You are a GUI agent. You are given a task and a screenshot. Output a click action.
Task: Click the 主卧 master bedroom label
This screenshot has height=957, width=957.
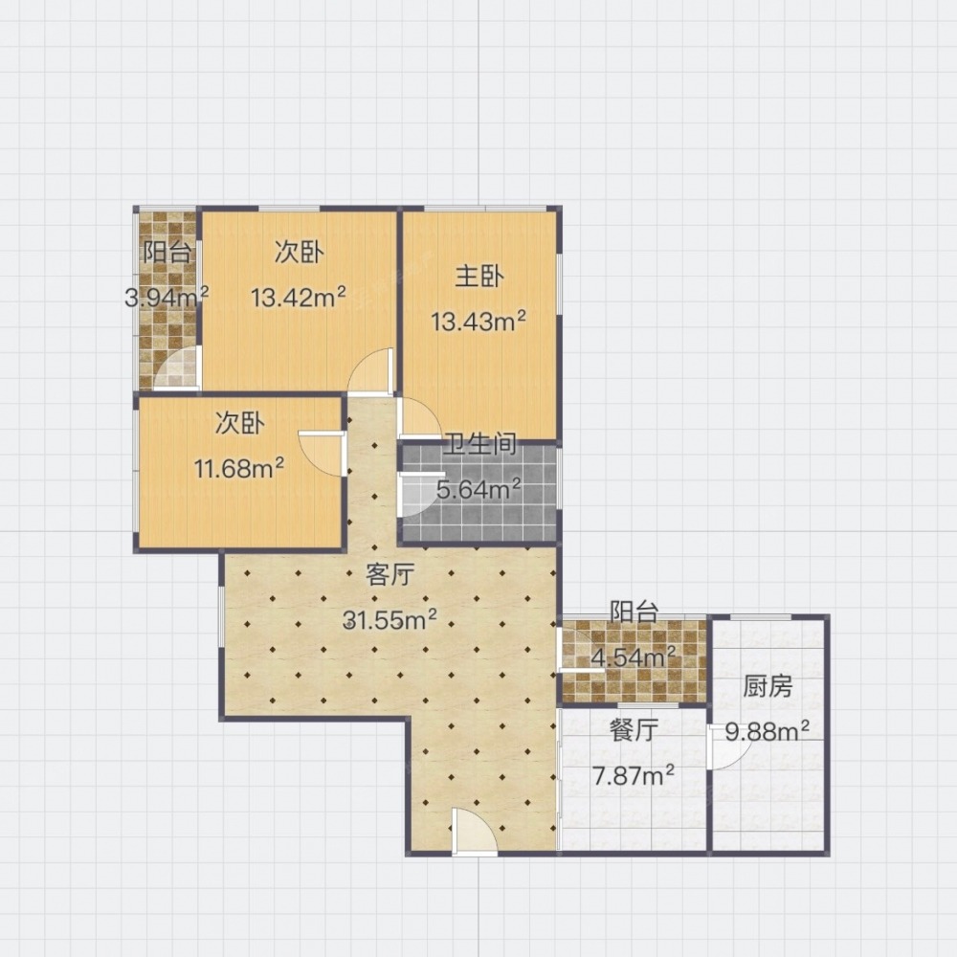pos(479,276)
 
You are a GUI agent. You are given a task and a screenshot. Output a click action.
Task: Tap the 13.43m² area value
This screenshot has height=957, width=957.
pos(478,321)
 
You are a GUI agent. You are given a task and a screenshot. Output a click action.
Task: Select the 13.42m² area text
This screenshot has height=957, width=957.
pos(299,298)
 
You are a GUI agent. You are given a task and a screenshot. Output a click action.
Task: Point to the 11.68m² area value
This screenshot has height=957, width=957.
pos(238,469)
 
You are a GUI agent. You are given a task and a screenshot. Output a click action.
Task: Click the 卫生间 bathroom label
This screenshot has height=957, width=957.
pos(479,445)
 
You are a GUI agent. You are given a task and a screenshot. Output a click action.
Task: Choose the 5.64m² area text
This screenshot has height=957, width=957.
pos(478,489)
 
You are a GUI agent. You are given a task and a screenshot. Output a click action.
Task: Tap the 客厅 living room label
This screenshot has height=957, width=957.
pos(390,574)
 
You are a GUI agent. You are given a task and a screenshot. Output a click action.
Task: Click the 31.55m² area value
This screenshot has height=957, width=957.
pos(390,619)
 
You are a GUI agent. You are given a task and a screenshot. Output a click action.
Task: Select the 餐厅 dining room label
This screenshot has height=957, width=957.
pos(634,729)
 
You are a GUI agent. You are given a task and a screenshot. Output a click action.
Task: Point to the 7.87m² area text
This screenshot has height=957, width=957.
pos(634,775)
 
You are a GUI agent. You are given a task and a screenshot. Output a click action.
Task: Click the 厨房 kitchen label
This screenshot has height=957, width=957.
pos(768,686)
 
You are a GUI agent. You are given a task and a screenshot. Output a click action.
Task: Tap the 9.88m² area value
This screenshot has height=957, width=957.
pos(768,730)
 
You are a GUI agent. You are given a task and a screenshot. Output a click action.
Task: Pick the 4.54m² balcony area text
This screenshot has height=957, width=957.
pos(634,657)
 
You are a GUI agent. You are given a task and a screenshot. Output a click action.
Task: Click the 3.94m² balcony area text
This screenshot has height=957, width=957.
pos(166,298)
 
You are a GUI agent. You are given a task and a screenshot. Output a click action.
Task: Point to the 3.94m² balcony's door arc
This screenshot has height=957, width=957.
pos(177,367)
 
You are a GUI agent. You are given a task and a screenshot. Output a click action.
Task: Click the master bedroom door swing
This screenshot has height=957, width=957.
pos(419,418)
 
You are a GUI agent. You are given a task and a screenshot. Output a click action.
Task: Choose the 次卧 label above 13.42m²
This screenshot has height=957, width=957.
pos(299,252)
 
